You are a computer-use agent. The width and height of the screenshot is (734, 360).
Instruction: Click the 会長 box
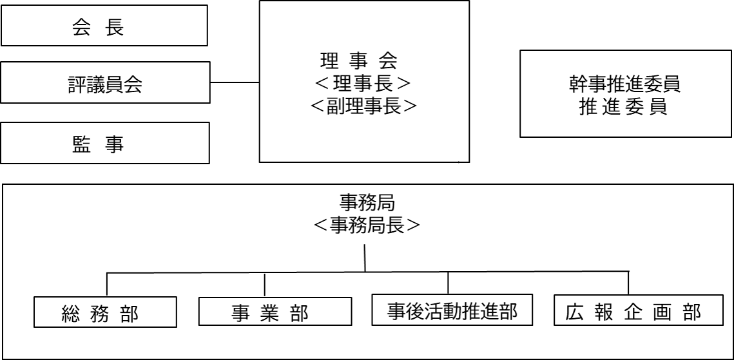click(104, 25)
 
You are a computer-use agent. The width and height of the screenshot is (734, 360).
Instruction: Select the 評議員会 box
click(105, 82)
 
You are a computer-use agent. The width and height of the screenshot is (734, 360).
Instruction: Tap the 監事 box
click(105, 143)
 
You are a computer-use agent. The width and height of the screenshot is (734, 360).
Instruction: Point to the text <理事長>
click(363, 83)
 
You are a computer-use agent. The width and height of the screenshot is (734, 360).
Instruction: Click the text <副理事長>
click(363, 106)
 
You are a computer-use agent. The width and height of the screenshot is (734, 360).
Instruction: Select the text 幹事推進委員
click(625, 85)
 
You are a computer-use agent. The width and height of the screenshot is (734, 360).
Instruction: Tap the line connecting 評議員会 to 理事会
click(235, 82)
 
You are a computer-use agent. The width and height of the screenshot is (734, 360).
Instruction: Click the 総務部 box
click(105, 312)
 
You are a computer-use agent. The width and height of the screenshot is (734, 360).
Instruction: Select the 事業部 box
click(275, 311)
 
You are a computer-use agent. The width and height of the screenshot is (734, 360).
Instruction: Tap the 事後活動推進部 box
click(452, 310)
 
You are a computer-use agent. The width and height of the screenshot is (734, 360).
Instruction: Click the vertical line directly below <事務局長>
click(365, 258)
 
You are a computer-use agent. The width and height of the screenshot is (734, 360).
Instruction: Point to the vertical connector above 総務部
click(107, 284)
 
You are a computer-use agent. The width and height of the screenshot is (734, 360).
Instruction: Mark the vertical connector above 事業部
click(265, 285)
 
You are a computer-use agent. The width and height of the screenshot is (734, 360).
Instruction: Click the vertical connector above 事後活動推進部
click(448, 283)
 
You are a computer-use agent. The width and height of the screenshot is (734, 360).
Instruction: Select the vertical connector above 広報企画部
click(628, 283)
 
